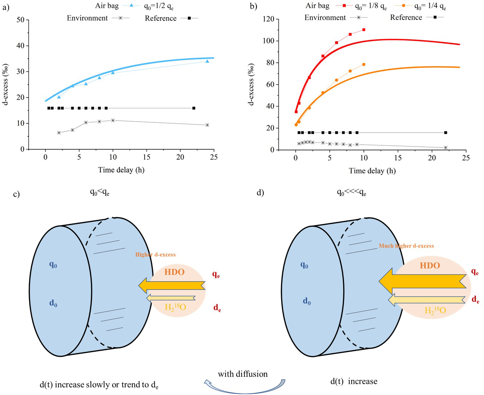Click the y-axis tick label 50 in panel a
(21, 20)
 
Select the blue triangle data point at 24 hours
(207, 61)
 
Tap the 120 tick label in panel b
(269, 19)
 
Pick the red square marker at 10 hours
(364, 30)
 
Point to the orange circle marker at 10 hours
(364, 64)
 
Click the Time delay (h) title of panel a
(121, 170)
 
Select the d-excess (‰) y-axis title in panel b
(252, 85)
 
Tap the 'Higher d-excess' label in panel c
(155, 255)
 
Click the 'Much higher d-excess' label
(406, 246)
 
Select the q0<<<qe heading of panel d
(351, 192)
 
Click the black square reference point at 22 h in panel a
(194, 108)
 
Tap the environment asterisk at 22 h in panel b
(445, 147)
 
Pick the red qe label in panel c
(216, 274)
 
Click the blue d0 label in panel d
(307, 301)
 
